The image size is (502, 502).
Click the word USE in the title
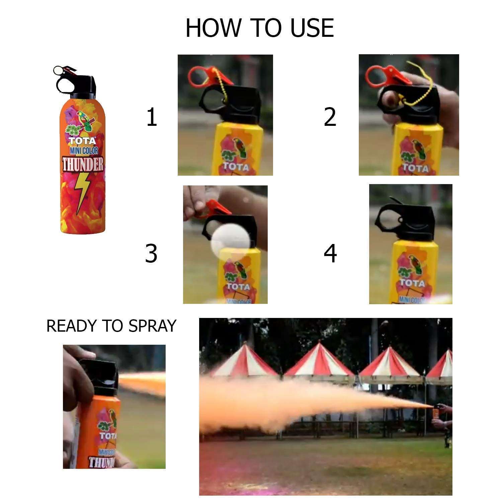(x=312, y=28)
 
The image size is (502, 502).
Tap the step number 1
(x=152, y=117)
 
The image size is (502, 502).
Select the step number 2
(x=330, y=117)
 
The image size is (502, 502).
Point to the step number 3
(x=151, y=253)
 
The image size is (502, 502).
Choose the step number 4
(x=330, y=253)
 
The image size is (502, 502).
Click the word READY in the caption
(x=71, y=326)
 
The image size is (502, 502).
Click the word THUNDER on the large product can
(x=83, y=164)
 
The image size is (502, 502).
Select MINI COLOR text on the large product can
(x=84, y=151)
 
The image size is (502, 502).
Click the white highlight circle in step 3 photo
(x=231, y=242)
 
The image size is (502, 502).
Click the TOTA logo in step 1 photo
(x=236, y=166)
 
